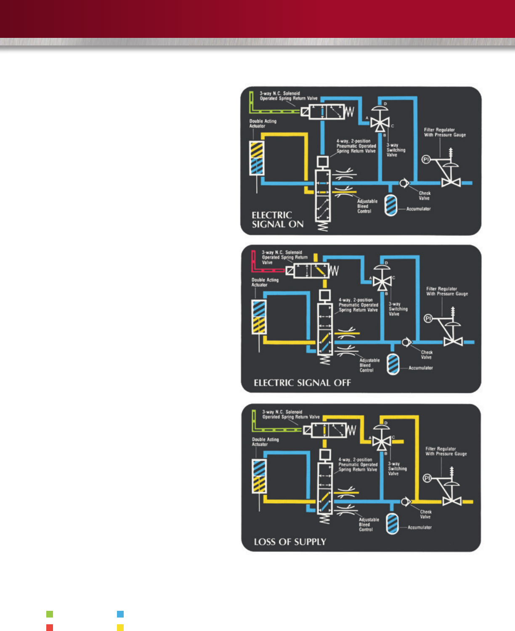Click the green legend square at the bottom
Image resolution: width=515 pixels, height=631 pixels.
50,614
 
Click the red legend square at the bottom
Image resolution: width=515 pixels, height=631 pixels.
50,628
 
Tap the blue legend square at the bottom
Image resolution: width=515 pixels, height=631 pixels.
120,614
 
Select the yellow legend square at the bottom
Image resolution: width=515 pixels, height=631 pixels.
120,628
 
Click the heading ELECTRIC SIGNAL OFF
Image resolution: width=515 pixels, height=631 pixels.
302,383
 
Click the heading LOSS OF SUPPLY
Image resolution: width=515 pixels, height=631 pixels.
290,542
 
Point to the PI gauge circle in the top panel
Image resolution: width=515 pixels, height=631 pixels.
426,159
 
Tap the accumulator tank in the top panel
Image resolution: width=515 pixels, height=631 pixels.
391,205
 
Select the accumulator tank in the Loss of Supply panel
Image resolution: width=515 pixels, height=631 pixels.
392,524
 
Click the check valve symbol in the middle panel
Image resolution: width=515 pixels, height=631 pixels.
406,342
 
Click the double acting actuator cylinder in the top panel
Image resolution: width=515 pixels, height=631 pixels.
257,158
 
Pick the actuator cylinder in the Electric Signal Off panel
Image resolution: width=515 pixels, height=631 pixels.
259,316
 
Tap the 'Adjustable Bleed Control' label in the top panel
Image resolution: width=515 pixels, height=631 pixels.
367,206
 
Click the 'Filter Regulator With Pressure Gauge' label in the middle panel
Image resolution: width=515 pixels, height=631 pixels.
447,291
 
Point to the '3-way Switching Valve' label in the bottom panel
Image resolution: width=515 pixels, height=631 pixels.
397,469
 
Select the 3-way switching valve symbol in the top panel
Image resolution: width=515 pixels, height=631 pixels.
380,122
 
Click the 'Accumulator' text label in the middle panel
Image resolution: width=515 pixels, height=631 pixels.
420,368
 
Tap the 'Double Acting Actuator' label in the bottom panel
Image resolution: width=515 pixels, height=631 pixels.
265,442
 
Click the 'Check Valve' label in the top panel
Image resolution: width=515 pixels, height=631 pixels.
424,196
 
